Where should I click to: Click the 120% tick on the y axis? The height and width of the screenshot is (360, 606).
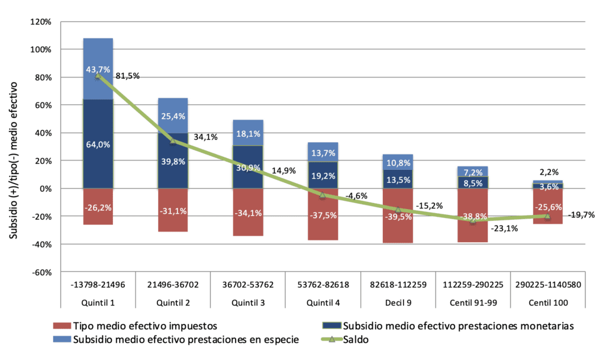tap(41, 22)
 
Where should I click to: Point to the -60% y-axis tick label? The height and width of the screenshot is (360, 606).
tap(42, 272)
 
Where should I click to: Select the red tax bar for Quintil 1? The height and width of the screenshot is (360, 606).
tap(98, 207)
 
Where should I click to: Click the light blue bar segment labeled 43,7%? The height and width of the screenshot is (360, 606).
tap(98, 69)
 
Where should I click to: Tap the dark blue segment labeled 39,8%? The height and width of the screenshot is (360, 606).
tap(173, 161)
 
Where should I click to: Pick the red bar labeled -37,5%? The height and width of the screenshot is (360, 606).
tap(323, 214)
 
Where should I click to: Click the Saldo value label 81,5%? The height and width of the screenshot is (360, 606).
tap(128, 76)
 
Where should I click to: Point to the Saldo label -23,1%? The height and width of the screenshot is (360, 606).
tap(504, 229)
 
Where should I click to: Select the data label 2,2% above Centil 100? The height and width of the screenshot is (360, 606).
tap(549, 172)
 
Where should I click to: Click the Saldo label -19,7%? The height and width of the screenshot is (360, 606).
tap(581, 215)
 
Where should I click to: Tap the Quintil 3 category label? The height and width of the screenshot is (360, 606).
tap(248, 303)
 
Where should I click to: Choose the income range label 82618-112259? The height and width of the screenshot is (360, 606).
tap(398, 285)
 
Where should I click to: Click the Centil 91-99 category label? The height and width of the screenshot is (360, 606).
tap(473, 303)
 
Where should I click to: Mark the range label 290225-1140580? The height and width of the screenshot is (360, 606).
tap(548, 285)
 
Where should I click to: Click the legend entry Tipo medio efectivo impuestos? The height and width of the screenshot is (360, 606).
tap(135, 326)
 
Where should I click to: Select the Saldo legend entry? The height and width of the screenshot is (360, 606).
tap(345, 339)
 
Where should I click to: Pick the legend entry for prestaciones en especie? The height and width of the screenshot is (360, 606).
tap(176, 339)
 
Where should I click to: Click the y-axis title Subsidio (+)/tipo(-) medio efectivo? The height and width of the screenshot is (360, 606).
tap(14, 160)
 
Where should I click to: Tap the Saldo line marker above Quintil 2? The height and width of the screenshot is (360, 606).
tap(173, 141)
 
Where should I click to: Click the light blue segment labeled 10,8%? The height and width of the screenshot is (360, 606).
tap(398, 162)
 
